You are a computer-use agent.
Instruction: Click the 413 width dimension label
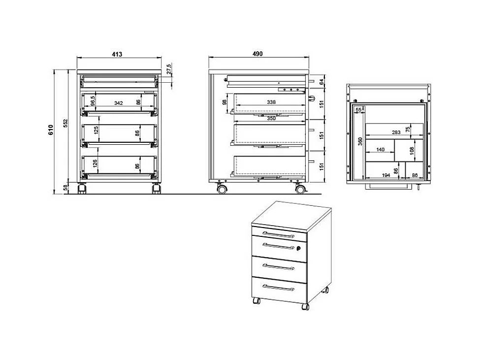pyautogui.click(x=117, y=54)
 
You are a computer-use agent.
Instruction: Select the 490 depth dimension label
pyautogui.click(x=257, y=54)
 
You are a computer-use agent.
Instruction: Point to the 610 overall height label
pyautogui.click(x=51, y=130)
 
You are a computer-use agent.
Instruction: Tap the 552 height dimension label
pyautogui.click(x=65, y=123)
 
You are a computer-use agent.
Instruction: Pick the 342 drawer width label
pyautogui.click(x=119, y=103)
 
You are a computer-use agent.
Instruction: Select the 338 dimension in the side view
pyautogui.click(x=271, y=102)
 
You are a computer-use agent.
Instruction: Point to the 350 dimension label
pyautogui.click(x=271, y=119)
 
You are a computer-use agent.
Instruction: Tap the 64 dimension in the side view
pyautogui.click(x=321, y=82)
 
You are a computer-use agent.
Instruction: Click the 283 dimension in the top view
pyautogui.click(x=396, y=132)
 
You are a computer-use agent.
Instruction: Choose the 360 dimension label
pyautogui.click(x=360, y=141)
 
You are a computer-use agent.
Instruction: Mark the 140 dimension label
pyautogui.click(x=380, y=150)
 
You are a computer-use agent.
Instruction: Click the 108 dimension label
pyautogui.click(x=412, y=150)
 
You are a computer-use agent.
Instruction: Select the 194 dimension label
pyautogui.click(x=386, y=175)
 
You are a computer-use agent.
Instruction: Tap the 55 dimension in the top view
pyautogui.click(x=358, y=110)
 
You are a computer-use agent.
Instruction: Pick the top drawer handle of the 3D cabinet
pyautogui.click(x=278, y=235)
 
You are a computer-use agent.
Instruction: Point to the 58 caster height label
pyautogui.click(x=65, y=188)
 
